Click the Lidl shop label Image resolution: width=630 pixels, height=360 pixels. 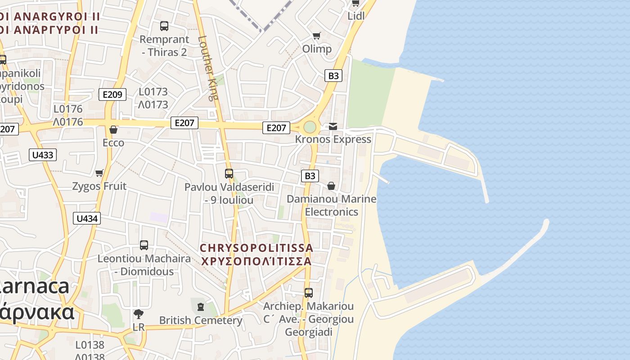click(x=355, y=16)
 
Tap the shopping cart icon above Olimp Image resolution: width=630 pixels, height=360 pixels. click(x=317, y=36)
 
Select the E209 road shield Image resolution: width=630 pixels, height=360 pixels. click(x=112, y=94)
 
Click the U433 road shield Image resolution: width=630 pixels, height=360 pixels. click(x=43, y=155)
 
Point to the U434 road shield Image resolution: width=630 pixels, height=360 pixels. click(x=87, y=219)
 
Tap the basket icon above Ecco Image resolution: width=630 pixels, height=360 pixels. click(x=113, y=130)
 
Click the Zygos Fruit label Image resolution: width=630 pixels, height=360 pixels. click(x=99, y=186)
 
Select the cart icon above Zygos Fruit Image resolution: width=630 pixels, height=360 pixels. click(x=99, y=173)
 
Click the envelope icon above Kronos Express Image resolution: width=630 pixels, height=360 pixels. click(x=333, y=126)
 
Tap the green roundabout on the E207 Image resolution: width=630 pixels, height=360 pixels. click(x=310, y=127)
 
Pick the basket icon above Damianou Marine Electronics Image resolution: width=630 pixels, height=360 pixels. click(x=331, y=185)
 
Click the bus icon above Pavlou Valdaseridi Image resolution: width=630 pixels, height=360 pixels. click(x=229, y=173)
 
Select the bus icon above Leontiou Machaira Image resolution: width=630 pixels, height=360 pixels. click(x=144, y=245)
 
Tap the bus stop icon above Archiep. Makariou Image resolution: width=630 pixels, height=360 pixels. click(x=309, y=293)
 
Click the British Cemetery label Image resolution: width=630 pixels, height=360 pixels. click(x=201, y=320)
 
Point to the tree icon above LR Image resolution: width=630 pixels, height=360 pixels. click(x=139, y=314)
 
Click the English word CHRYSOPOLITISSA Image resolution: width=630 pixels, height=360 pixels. click(x=256, y=248)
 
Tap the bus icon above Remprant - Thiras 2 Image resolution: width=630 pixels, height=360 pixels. click(x=164, y=26)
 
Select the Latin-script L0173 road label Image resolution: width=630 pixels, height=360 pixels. click(x=153, y=92)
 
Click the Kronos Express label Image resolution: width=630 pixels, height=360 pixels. click(x=333, y=139)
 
